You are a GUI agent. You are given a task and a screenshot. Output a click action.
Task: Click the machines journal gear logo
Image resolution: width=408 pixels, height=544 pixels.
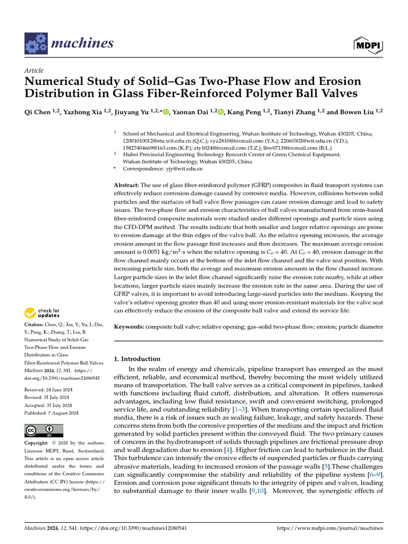(36, 44)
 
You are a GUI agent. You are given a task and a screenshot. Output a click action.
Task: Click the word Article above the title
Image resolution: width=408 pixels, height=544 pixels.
(34, 71)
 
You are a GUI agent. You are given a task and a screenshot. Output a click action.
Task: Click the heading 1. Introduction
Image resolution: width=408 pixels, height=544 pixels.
(138, 359)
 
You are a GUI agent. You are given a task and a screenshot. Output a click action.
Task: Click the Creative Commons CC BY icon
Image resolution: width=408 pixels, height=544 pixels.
(44, 430)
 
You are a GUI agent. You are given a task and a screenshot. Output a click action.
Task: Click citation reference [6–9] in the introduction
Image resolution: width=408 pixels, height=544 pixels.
(374, 473)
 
